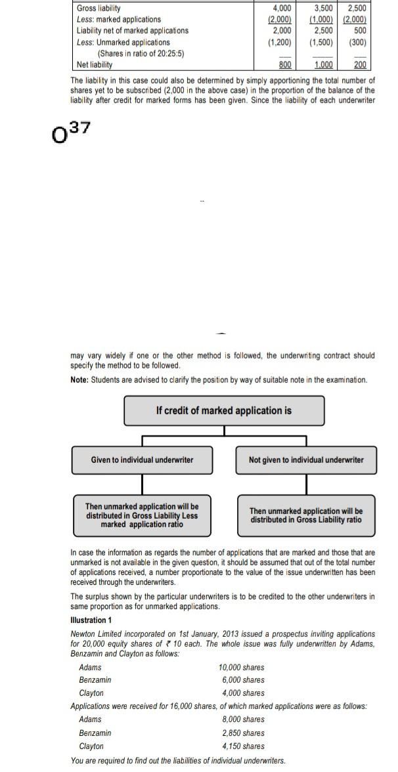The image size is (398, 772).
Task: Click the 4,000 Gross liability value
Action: pyautogui.click(x=282, y=9)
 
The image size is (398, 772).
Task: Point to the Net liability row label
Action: pyautogui.click(x=95, y=64)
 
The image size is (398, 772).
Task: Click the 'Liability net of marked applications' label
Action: pyautogui.click(x=132, y=31)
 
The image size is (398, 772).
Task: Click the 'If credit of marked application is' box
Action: pyautogui.click(x=224, y=410)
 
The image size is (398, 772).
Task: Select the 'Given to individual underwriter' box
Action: pyautogui.click(x=143, y=460)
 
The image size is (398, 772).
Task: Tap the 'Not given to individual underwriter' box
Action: pyautogui.click(x=306, y=460)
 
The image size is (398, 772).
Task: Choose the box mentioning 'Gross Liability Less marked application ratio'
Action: pyautogui.click(x=142, y=515)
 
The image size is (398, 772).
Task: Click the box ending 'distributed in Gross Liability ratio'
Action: pyautogui.click(x=306, y=515)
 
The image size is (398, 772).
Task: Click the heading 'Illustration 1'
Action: pyautogui.click(x=91, y=620)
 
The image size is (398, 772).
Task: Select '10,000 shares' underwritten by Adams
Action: pyautogui.click(x=242, y=667)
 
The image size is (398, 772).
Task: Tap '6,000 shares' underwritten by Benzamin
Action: pyautogui.click(x=243, y=679)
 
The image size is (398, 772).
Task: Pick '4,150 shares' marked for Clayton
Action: pyautogui.click(x=243, y=746)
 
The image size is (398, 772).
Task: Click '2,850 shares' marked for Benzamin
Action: pyautogui.click(x=243, y=733)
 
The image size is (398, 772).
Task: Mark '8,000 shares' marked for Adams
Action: pyautogui.click(x=243, y=719)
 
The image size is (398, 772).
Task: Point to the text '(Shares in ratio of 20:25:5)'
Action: pyautogui.click(x=141, y=53)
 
